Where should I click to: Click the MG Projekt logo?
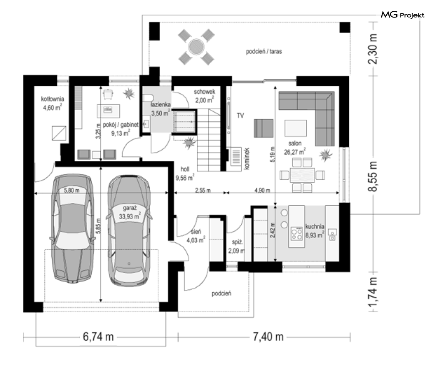click(403, 15)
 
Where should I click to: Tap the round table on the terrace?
click(196, 47)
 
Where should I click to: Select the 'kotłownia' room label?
click(53, 99)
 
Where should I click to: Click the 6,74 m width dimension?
click(98, 337)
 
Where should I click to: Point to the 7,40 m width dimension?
click(268, 337)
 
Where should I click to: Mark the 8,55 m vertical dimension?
click(373, 176)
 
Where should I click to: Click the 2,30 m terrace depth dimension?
click(373, 49)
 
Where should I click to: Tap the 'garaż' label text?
click(130, 208)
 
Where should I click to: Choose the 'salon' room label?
click(295, 143)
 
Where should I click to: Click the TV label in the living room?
click(240, 115)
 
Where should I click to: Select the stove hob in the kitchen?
click(297, 233)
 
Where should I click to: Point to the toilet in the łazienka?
click(149, 98)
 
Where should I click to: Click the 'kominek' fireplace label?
click(247, 158)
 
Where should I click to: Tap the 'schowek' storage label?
click(204, 92)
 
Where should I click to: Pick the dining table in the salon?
click(302, 175)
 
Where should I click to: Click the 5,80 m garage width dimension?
click(71, 191)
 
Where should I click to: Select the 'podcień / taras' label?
click(264, 52)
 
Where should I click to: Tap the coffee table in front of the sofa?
click(295, 128)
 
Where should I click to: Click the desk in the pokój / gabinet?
click(108, 111)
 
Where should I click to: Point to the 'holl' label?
click(185, 169)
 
